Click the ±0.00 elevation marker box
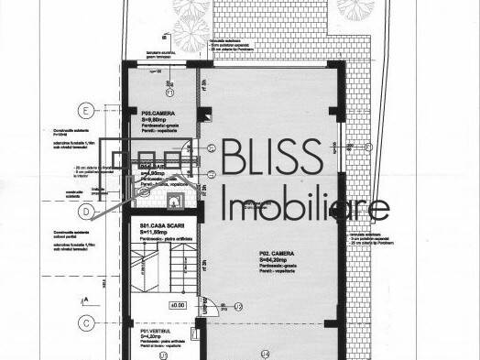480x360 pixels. click(178, 304)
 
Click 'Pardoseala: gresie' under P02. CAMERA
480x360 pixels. click(278, 268)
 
